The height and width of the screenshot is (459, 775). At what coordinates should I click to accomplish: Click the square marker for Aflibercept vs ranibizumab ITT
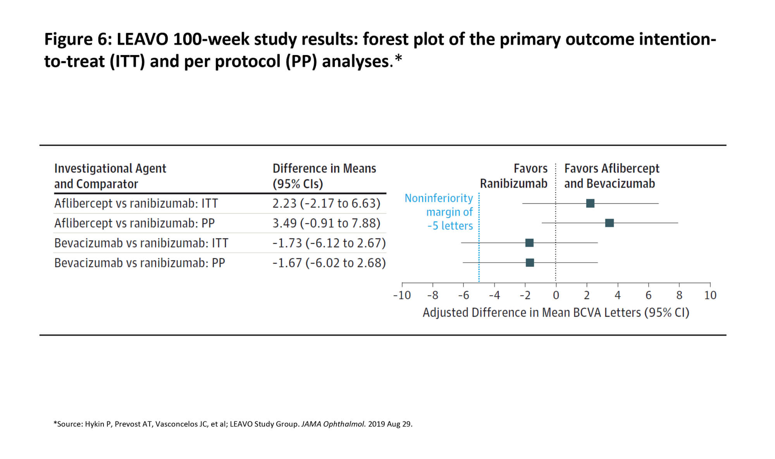590,203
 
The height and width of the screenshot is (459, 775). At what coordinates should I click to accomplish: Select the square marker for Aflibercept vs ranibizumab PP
610,223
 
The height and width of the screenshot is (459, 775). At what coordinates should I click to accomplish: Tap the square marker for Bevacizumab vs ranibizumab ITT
529,243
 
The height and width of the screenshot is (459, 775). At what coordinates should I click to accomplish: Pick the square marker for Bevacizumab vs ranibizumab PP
530,263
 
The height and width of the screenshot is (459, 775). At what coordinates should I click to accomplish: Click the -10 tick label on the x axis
402,296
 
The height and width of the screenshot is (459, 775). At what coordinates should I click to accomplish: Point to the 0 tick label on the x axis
556,296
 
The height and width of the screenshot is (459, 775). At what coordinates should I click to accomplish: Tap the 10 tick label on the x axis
710,296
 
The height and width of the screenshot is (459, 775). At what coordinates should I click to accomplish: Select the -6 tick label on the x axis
463,296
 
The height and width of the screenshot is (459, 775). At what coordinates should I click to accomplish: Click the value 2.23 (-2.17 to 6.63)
326,203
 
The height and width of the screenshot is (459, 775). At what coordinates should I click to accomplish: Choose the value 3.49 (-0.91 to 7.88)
326,223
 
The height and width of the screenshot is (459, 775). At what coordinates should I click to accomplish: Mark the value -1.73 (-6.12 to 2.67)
329,243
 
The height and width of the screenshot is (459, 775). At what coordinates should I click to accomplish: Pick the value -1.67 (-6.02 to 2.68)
329,263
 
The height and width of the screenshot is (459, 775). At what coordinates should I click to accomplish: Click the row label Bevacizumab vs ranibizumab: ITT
141,243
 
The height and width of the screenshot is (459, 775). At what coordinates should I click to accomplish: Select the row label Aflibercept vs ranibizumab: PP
134,223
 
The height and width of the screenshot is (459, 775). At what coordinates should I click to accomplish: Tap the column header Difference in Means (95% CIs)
324,176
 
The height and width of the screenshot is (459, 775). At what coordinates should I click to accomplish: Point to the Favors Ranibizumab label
514,176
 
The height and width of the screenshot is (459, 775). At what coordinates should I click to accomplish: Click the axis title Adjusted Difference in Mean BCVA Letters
556,313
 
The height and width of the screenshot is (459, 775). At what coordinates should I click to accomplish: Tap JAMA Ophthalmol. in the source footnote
333,424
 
